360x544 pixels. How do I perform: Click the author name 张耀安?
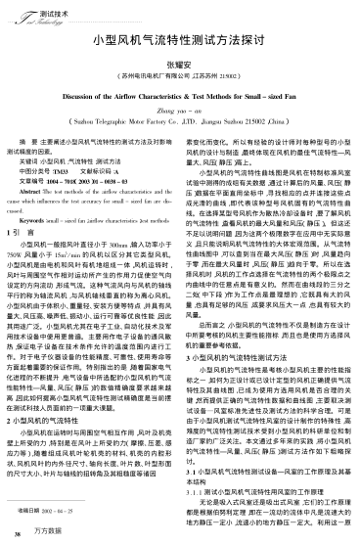click(x=180, y=65)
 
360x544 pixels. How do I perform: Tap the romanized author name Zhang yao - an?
click(x=180, y=114)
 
